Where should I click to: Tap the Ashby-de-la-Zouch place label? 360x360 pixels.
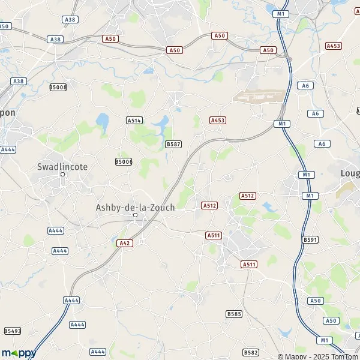coord(135,207)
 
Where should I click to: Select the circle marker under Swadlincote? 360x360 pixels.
coord(62,175)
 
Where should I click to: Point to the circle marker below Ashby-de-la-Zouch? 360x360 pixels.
coord(135,215)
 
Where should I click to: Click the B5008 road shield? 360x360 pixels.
coord(58,87)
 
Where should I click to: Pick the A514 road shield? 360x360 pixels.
coord(134,120)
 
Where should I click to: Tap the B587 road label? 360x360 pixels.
coord(173,144)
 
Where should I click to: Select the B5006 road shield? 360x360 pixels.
coord(124,161)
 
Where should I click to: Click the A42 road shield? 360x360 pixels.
coord(123,243)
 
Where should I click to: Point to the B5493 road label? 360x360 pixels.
coord(12,331)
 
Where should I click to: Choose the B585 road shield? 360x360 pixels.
coord(234,314)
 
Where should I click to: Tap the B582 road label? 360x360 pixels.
coord(251,352)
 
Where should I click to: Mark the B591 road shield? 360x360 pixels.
coord(310,239)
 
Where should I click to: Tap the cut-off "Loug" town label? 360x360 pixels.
coord(349,173)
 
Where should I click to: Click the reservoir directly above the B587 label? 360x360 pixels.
coord(161,126)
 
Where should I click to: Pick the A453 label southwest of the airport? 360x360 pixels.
coord(217,121)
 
